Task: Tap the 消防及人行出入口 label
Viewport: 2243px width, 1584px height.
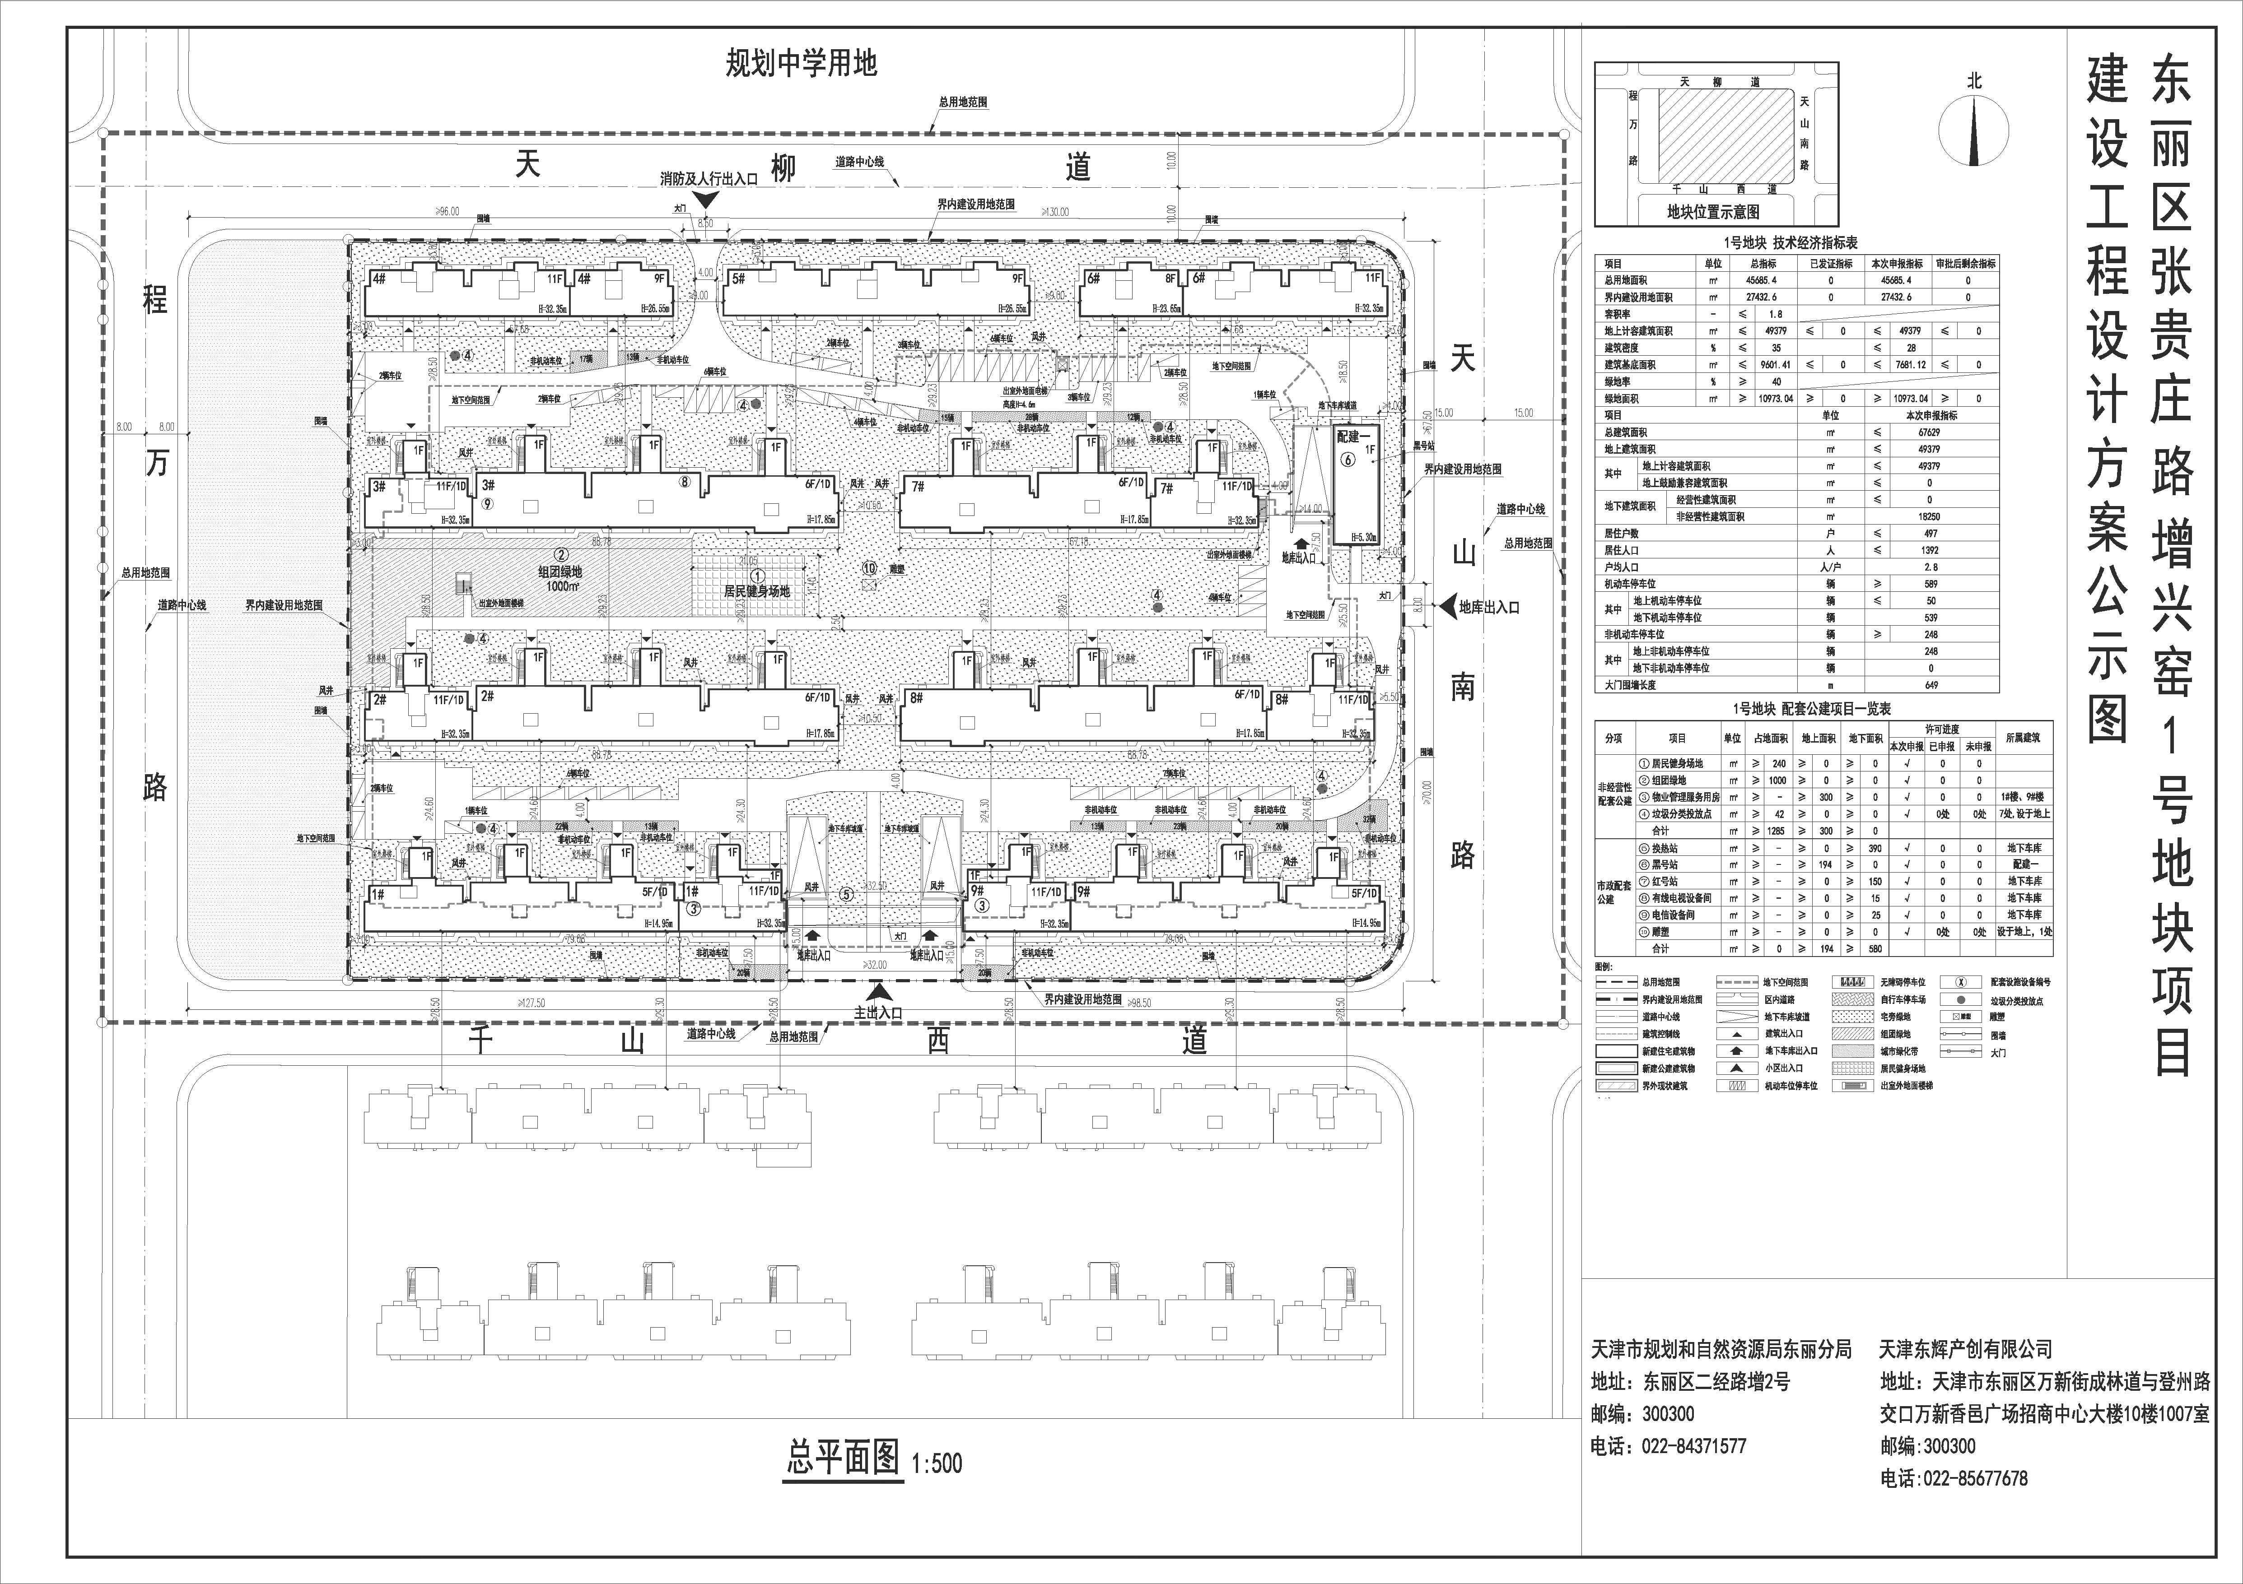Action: [x=708, y=180]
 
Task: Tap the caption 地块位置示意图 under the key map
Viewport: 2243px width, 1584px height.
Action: [x=1712, y=211]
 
